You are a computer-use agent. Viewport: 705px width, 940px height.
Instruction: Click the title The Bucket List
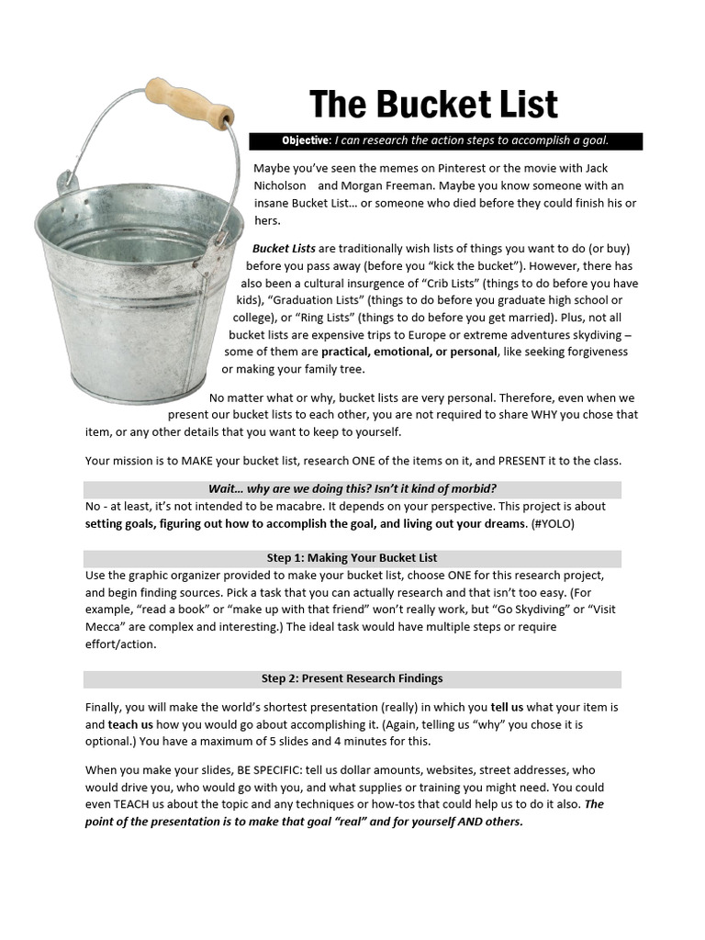(433, 105)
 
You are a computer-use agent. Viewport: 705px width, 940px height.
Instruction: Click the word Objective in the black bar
(306, 140)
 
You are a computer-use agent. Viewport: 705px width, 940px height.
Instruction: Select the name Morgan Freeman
(378, 185)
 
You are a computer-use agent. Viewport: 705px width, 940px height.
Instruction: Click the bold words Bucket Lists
(284, 249)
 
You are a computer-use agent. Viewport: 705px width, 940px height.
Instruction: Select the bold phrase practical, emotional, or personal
(409, 352)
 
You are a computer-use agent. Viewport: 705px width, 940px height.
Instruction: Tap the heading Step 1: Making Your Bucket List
(352, 558)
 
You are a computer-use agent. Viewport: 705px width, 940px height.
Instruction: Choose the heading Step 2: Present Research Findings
(352, 679)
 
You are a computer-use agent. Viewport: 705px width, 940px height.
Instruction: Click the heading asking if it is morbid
(352, 488)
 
